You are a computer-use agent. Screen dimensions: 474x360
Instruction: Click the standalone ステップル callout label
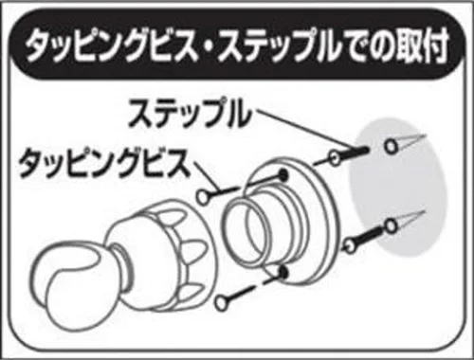point(191,113)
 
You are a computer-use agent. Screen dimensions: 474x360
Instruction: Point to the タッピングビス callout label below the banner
point(104,163)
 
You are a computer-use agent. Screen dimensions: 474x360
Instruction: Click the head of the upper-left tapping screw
point(203,196)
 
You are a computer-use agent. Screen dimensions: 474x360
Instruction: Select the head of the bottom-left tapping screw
point(221,302)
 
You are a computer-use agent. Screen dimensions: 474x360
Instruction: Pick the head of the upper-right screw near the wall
point(336,157)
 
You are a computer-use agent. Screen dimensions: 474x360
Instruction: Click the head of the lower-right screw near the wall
point(348,245)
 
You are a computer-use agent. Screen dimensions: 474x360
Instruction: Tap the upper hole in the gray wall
point(391,146)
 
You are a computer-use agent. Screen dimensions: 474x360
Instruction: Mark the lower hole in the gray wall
point(391,225)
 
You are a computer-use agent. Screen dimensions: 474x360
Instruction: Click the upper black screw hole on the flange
point(283,174)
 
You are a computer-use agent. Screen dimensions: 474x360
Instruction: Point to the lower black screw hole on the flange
point(283,272)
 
